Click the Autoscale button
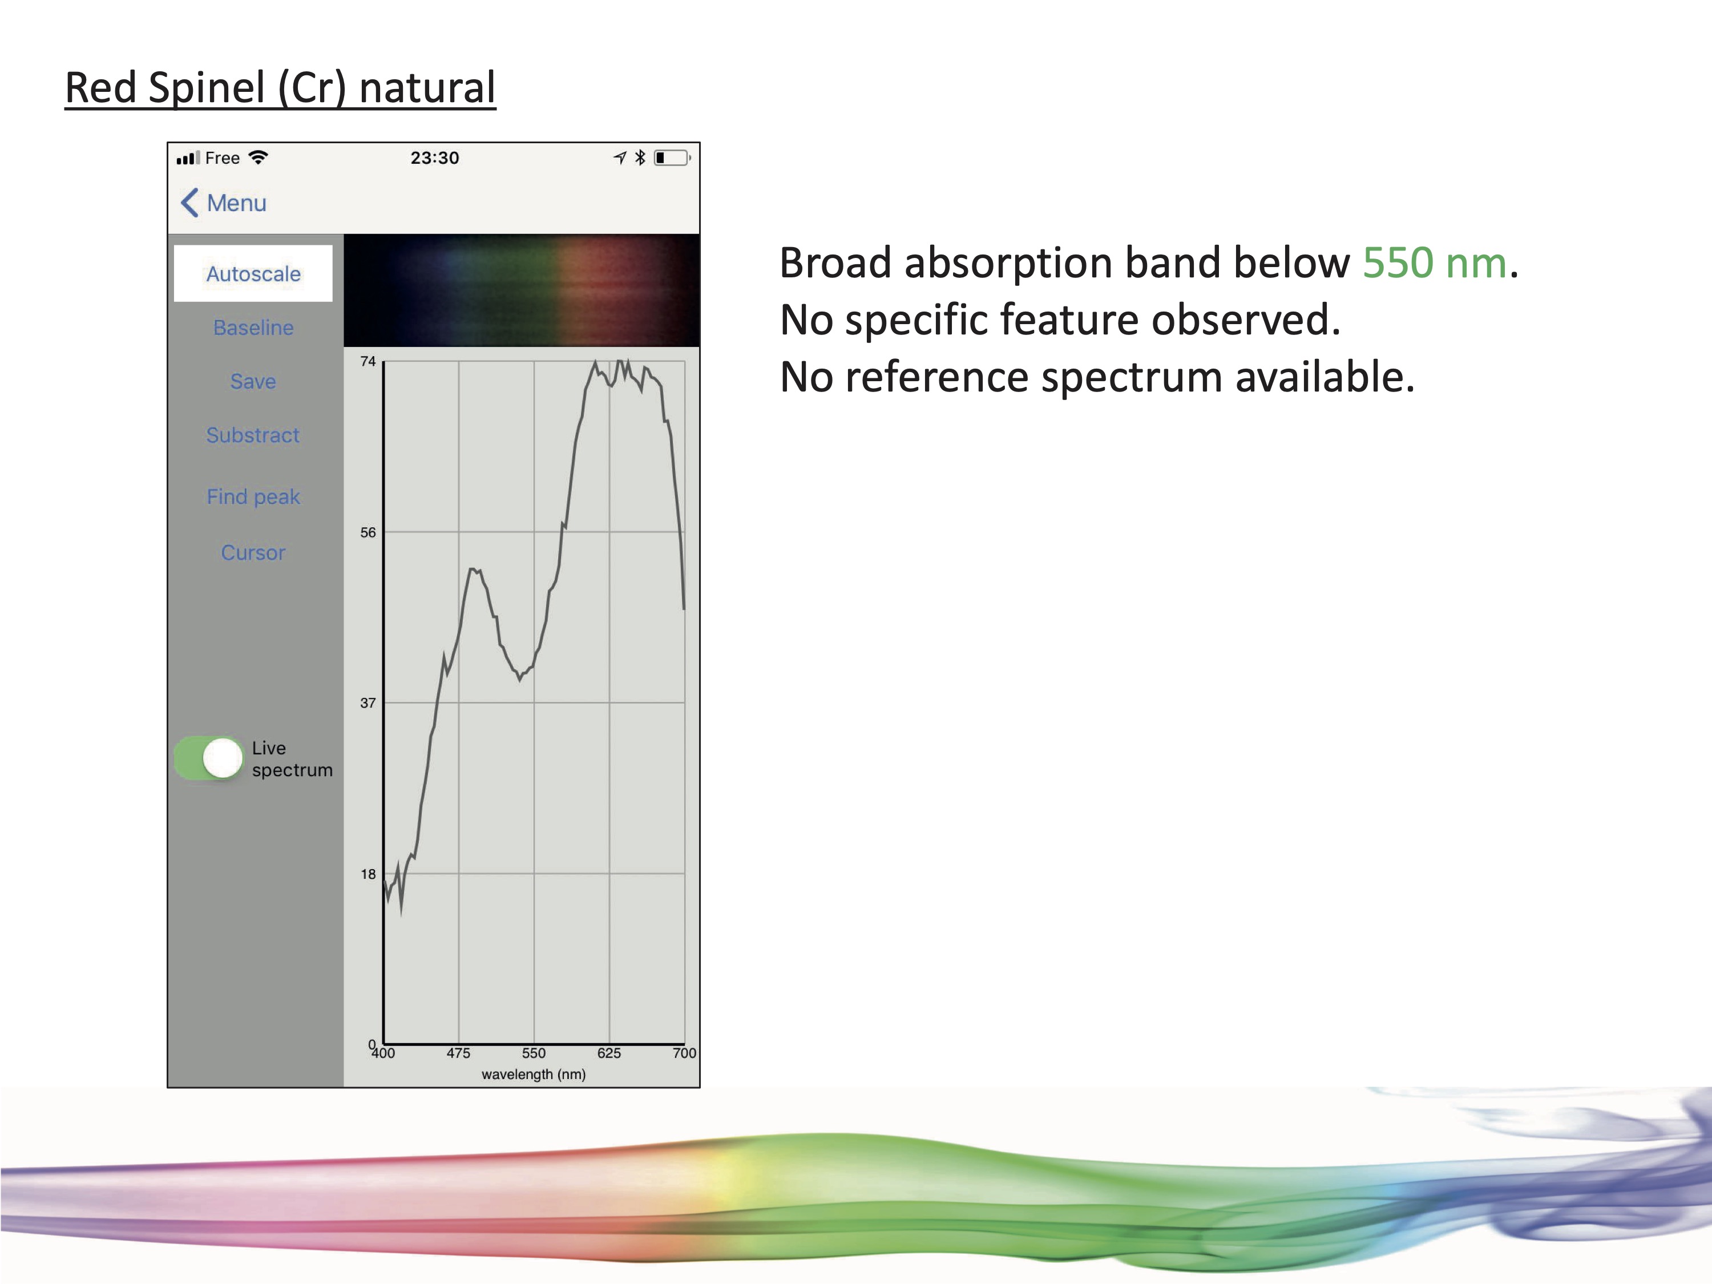253,273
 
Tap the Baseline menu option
253,328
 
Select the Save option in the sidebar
253,381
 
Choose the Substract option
253,435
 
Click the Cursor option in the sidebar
253,552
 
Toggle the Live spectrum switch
209,758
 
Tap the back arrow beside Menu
189,203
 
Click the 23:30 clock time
434,158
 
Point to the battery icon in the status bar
672,158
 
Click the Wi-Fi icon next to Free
258,157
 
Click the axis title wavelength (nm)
533,1074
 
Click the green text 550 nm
1434,263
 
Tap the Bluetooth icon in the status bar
640,158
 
